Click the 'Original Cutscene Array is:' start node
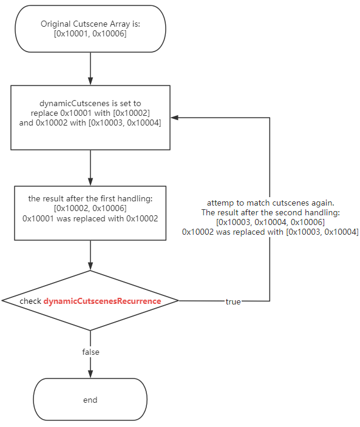90,29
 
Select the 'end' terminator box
90,400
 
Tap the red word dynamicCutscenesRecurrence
102,301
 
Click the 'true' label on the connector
233,301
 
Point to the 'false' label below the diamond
90,352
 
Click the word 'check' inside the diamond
30,301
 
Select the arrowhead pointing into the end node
90,372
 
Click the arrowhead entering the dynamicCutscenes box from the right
174,117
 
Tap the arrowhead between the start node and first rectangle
90,81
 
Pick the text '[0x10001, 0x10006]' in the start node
90,34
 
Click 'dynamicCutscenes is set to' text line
90,103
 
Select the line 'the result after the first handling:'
90,198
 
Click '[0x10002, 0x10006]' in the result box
90,208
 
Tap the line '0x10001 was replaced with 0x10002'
90,218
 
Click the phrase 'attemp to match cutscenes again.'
270,203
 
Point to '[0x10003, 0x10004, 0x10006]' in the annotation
270,222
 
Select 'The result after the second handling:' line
270,212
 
